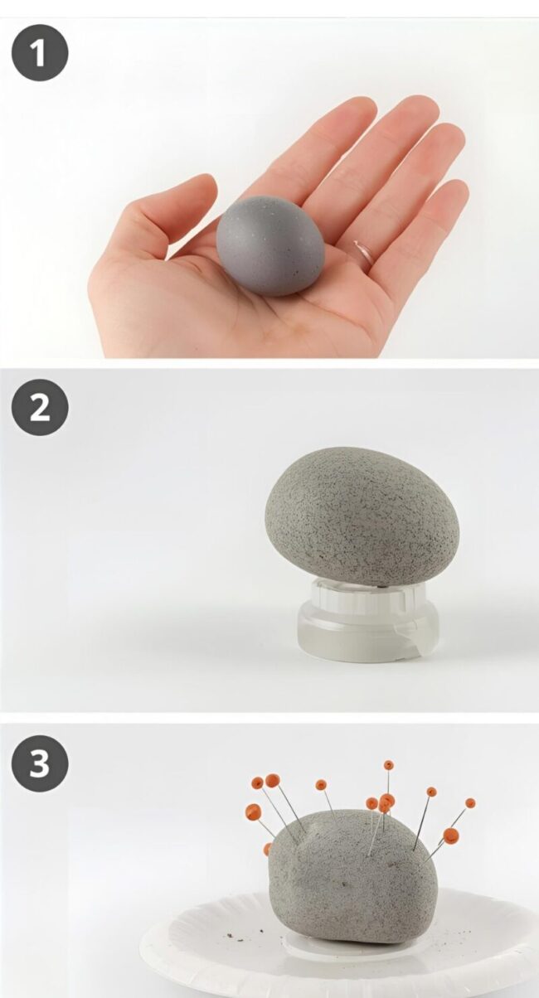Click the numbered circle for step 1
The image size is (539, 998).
(40, 52)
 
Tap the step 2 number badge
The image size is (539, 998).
(40, 408)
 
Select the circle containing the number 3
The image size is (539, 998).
(40, 762)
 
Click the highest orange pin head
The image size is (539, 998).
(388, 765)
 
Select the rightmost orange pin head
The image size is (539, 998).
(470, 803)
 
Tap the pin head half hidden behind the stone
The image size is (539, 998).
(268, 848)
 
